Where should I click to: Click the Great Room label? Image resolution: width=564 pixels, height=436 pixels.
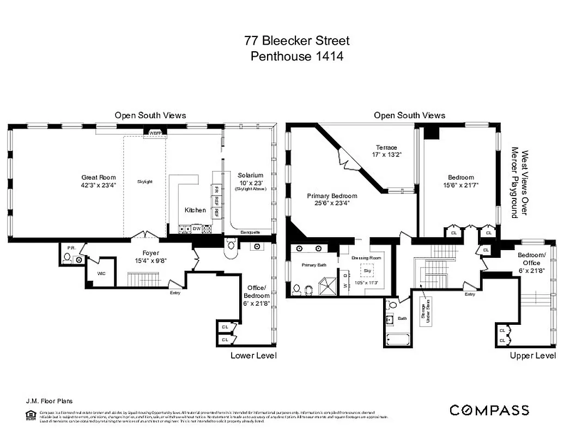click(x=99, y=177)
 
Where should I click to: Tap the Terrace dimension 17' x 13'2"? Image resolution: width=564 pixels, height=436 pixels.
click(x=386, y=155)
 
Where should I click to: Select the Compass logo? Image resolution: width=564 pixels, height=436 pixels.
click(x=489, y=410)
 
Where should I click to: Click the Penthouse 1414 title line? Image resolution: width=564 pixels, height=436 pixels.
click(x=297, y=56)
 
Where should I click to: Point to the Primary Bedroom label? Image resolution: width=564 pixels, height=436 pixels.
click(x=332, y=196)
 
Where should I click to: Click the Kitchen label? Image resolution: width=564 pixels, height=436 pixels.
click(x=195, y=210)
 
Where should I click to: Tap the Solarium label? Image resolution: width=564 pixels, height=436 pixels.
click(x=250, y=175)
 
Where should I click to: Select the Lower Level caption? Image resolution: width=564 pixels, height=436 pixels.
click(x=254, y=356)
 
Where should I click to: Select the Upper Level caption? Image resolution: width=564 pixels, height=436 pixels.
click(x=533, y=356)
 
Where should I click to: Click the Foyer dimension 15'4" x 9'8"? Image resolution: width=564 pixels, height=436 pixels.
click(x=151, y=260)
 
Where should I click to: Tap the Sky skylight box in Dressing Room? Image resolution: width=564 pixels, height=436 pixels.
click(x=367, y=270)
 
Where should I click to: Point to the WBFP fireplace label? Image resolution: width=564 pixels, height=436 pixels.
click(x=155, y=132)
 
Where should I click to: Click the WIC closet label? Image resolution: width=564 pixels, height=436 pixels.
click(x=101, y=274)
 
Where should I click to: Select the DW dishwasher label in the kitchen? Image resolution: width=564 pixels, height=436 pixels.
click(x=196, y=229)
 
